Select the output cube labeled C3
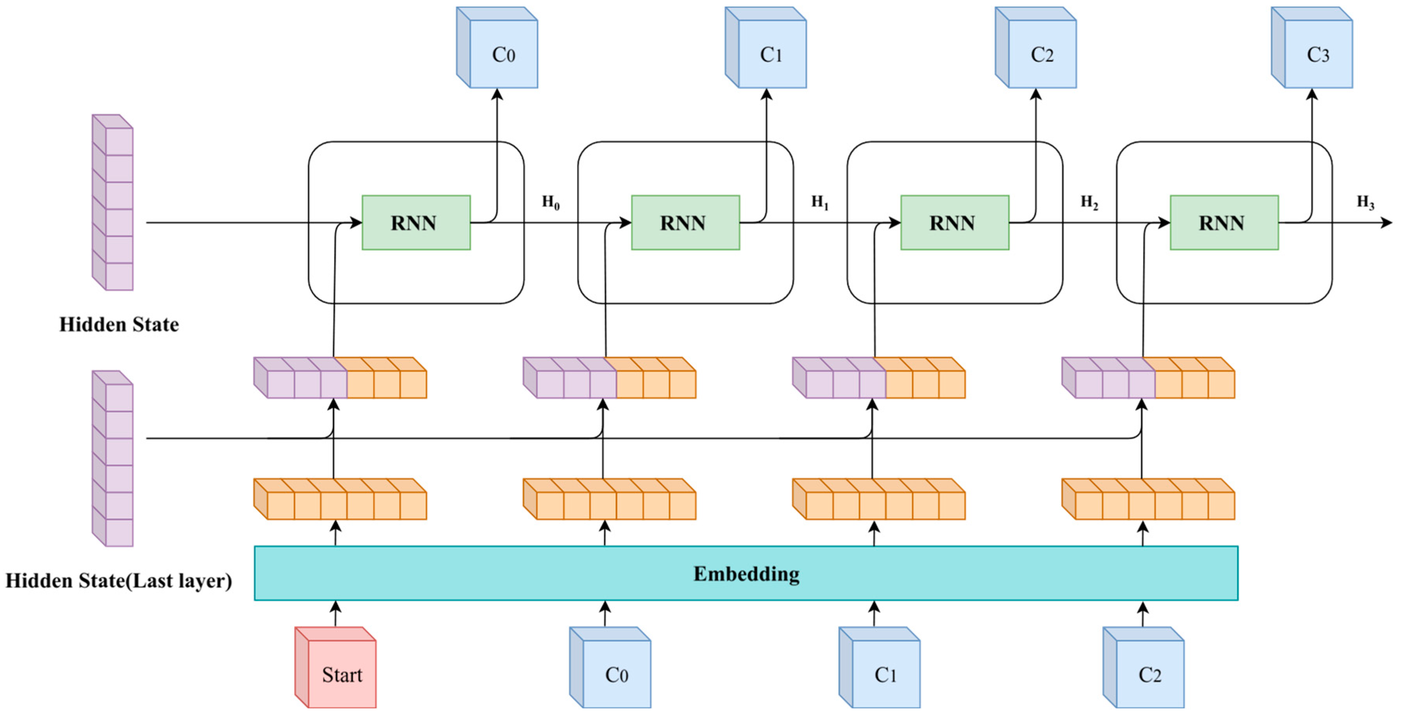(x=1313, y=49)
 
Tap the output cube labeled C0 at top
(x=498, y=49)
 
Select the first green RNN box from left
(x=416, y=223)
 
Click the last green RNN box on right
(x=1224, y=223)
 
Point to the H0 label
(x=550, y=202)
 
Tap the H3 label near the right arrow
(x=1365, y=202)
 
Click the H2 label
(x=1089, y=202)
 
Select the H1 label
(x=820, y=202)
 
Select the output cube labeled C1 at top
(x=766, y=49)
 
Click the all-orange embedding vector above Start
(x=341, y=500)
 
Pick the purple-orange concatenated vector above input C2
(x=1148, y=378)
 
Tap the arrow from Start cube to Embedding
(x=336, y=613)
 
